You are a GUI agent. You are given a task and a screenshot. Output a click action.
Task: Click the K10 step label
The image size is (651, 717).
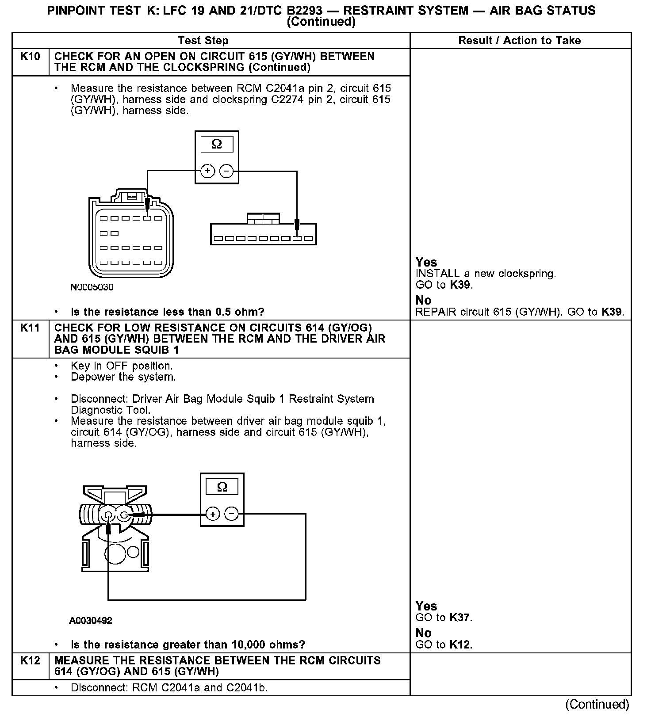(x=30, y=57)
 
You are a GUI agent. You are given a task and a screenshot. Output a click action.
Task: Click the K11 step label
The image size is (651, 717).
(x=30, y=328)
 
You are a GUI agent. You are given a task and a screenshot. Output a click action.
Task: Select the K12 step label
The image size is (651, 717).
(x=30, y=660)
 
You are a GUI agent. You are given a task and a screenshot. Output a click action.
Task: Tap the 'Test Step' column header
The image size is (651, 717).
(x=203, y=41)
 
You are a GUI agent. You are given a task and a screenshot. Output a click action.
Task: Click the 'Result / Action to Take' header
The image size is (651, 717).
(x=519, y=41)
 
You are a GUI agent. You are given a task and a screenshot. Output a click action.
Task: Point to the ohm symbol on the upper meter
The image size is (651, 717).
(x=217, y=144)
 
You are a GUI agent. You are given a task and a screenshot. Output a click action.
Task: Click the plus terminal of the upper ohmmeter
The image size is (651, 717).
(x=207, y=171)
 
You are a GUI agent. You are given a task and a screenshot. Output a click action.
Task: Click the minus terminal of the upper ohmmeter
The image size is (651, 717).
(x=226, y=171)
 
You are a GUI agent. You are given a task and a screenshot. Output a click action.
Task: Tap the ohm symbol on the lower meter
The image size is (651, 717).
(x=222, y=487)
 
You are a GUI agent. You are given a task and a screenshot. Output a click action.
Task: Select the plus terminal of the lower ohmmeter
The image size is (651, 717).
(x=213, y=514)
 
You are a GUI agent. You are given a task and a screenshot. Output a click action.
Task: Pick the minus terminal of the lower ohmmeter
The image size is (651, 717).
(x=232, y=514)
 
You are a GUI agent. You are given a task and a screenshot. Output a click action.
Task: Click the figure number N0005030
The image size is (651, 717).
(x=92, y=287)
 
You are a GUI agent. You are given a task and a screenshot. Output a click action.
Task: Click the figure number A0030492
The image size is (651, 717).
(x=91, y=621)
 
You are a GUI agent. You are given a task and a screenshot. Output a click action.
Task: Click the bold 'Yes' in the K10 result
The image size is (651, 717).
(x=426, y=262)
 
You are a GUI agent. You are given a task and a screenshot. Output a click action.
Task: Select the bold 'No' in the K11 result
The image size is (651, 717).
(x=423, y=633)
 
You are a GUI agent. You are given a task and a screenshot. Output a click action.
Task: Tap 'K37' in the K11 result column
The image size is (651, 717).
(x=460, y=618)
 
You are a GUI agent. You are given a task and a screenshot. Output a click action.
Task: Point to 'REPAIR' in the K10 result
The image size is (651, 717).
(x=436, y=312)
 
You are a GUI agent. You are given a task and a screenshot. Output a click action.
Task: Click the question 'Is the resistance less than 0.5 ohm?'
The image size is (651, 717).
(x=167, y=312)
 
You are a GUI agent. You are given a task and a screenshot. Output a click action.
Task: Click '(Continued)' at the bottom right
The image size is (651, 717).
(x=597, y=704)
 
